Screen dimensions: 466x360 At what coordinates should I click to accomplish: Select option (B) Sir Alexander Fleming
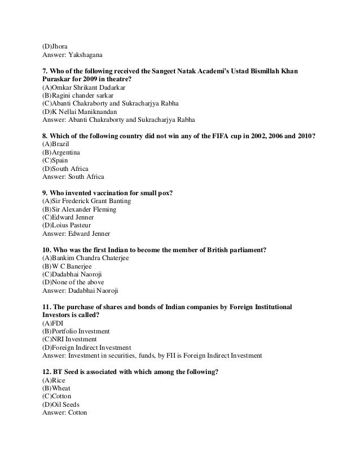coord(80,209)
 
